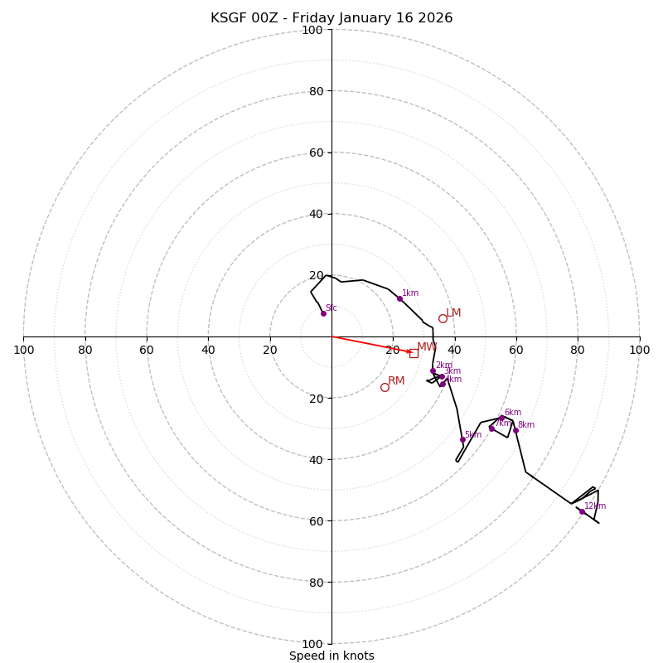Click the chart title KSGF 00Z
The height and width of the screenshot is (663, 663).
331,18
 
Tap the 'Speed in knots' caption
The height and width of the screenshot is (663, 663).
331,656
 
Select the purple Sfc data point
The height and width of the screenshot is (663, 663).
323,313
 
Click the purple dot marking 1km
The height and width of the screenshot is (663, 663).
399,298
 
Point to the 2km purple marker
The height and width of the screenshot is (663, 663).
433,370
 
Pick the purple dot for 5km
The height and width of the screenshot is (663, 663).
462,439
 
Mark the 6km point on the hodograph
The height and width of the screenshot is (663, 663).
501,419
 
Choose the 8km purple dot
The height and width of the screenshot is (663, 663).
515,430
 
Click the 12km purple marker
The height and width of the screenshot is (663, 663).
582,511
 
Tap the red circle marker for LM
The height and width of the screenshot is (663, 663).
443,318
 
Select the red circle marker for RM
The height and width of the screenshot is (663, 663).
385,387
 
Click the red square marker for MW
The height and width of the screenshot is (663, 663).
414,353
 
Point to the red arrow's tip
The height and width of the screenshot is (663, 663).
412,352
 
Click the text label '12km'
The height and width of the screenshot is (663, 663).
595,506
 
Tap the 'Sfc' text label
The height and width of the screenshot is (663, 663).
331,307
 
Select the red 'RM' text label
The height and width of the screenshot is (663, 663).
396,381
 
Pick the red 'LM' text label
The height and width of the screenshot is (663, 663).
453,313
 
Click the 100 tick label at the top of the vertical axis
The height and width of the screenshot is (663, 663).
312,30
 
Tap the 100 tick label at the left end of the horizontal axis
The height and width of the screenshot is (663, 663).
24,350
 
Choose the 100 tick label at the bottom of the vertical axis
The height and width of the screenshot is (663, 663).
312,643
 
